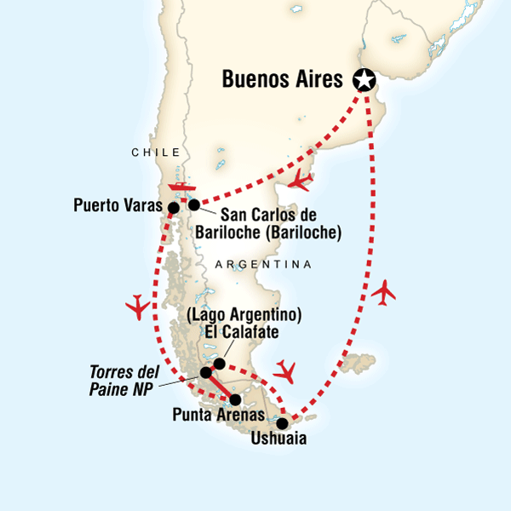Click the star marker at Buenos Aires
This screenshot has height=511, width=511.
tap(365, 80)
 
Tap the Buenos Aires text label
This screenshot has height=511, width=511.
tap(284, 80)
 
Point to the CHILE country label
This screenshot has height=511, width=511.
tap(156, 152)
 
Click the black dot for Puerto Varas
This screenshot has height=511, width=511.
tap(174, 207)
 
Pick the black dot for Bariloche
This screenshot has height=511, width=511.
tap(194, 204)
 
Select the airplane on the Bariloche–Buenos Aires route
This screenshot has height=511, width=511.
tap(300, 181)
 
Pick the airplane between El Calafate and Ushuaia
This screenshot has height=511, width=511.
tap(287, 371)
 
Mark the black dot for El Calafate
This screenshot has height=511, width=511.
tap(219, 364)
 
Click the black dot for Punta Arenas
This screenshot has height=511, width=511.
tap(236, 399)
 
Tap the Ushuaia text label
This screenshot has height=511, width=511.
tap(279, 440)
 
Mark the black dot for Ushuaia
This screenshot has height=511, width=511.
tap(283, 421)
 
